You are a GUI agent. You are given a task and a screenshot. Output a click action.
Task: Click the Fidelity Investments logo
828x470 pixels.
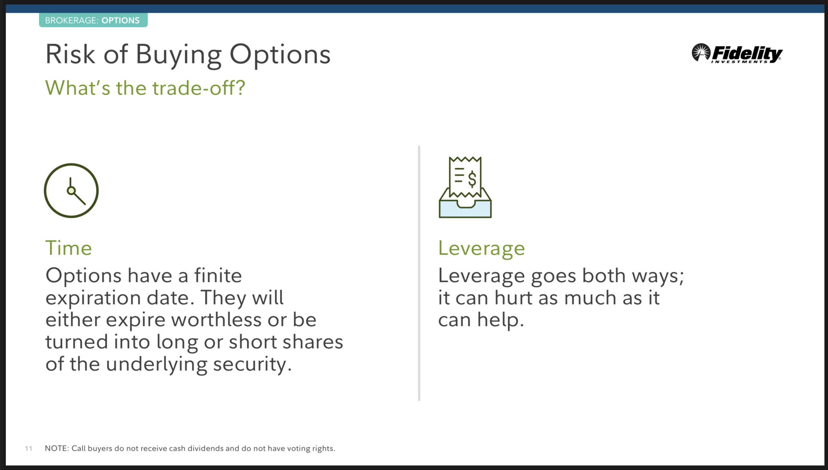[x=737, y=53]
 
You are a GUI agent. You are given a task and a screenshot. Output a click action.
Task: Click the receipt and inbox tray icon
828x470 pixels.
[x=465, y=187]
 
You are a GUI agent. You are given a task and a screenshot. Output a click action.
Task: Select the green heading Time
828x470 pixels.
[x=69, y=248]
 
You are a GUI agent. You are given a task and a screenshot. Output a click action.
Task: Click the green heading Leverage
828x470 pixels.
[x=481, y=248]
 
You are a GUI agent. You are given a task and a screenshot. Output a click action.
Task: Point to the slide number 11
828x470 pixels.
[x=29, y=448]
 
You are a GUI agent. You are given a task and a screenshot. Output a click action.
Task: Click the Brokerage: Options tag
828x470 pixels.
[x=93, y=20]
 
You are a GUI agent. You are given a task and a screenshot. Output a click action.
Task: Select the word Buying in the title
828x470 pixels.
[x=179, y=55]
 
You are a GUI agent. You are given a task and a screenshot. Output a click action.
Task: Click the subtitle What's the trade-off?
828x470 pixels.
[x=145, y=87]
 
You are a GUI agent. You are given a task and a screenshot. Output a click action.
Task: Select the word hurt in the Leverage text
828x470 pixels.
[x=513, y=297]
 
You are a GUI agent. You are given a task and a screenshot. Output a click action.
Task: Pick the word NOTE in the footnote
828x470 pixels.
[x=56, y=448]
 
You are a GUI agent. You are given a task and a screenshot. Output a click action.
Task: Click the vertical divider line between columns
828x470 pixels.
[x=419, y=273]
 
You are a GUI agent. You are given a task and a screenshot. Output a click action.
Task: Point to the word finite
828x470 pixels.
[x=218, y=276]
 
